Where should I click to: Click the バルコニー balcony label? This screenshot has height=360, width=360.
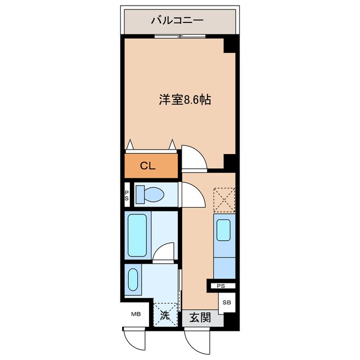click(x=177, y=21)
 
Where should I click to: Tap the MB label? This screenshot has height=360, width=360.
click(x=136, y=314)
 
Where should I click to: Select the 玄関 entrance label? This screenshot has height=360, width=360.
click(x=199, y=317)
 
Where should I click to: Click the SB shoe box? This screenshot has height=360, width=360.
click(x=226, y=303)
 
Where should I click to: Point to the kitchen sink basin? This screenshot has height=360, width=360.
click(x=223, y=230)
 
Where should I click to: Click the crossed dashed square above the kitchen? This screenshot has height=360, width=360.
click(x=224, y=199)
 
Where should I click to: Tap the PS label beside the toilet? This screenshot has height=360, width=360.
click(x=126, y=195)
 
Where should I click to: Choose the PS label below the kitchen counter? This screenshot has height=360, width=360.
click(x=221, y=286)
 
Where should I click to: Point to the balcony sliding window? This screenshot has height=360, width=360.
click(x=179, y=37)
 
